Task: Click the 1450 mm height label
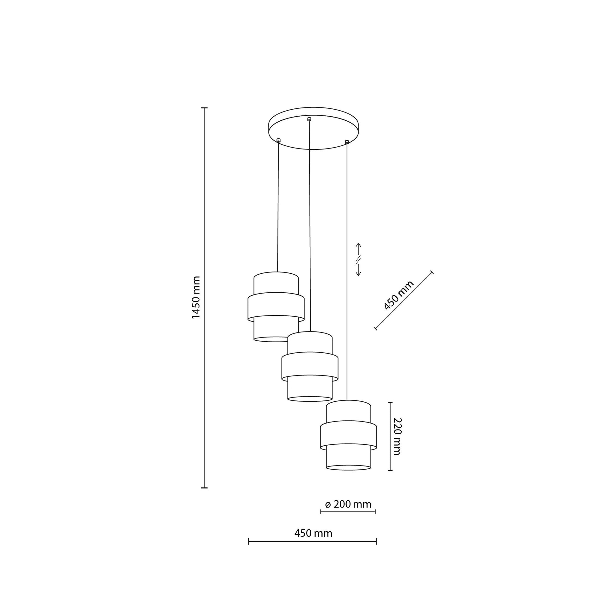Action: (196, 298)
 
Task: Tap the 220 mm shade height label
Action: (397, 436)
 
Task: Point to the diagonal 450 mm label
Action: (399, 295)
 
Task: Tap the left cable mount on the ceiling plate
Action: (278, 140)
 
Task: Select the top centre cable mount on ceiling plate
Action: (309, 119)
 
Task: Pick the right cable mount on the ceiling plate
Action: (347, 141)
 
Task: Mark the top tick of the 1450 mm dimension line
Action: (204, 108)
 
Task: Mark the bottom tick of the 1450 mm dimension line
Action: (204, 488)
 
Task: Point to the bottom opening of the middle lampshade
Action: (310, 398)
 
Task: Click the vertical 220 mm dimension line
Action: (391, 436)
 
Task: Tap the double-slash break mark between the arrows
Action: (358, 259)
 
